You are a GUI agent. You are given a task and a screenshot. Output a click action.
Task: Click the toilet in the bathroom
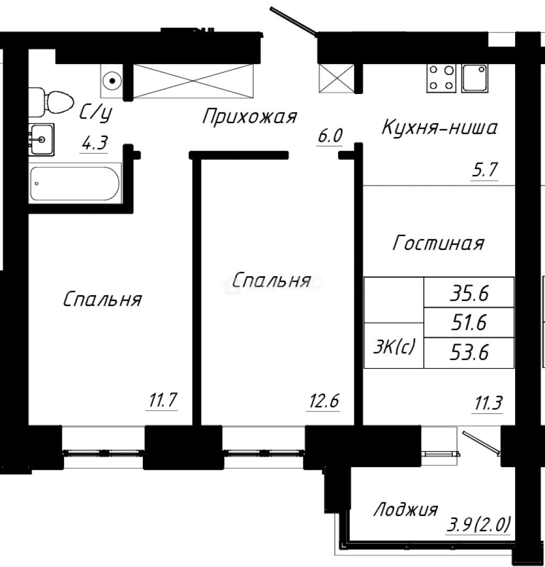click(53, 102)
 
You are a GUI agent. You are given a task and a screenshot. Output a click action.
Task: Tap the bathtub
click(75, 183)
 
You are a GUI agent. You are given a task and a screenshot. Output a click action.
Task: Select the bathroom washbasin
click(40, 140)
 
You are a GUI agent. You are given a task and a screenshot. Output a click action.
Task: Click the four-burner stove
click(441, 78)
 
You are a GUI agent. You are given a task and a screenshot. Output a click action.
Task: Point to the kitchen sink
click(474, 78)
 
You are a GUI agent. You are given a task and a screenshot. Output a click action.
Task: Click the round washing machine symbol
click(111, 81)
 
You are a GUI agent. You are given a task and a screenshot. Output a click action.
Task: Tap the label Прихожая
click(250, 117)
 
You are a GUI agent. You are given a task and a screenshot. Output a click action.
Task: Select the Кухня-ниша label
click(439, 127)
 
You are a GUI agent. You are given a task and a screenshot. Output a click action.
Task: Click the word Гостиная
click(438, 244)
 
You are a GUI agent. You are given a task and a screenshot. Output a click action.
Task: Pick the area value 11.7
click(162, 402)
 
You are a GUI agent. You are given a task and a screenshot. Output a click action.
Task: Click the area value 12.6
click(324, 402)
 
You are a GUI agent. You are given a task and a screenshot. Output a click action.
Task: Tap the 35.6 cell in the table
click(469, 293)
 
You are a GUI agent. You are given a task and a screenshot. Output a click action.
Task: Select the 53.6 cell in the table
click(469, 353)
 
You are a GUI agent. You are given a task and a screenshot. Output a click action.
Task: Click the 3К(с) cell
click(394, 346)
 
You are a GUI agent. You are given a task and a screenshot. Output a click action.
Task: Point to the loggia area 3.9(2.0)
click(478, 524)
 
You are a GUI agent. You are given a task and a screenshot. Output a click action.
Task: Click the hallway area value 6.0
click(329, 136)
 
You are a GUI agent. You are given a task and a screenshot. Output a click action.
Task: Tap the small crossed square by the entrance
click(336, 78)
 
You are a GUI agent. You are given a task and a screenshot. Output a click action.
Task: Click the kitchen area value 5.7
click(484, 171)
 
